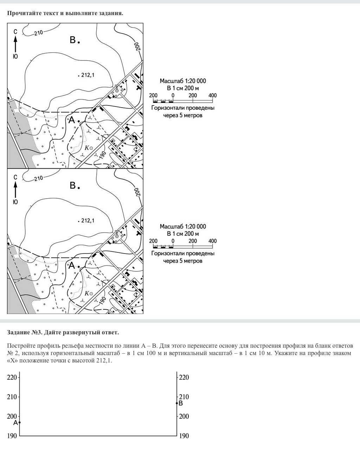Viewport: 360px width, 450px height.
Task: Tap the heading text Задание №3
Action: (25, 332)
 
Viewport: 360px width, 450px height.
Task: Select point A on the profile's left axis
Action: (19, 422)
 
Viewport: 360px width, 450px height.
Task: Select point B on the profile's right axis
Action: (177, 403)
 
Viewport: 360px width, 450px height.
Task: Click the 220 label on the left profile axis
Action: (12, 378)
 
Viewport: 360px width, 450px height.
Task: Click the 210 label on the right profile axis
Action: (184, 397)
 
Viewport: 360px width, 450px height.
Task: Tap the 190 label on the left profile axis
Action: (12, 436)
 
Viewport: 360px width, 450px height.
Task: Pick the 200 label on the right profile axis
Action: (184, 416)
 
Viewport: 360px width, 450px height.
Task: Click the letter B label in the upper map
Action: (72, 40)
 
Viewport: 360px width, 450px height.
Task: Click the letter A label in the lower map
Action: (71, 265)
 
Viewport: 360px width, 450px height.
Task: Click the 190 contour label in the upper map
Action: (102, 155)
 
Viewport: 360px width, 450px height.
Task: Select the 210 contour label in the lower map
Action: (39, 178)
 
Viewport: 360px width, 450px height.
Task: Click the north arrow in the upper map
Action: (15, 44)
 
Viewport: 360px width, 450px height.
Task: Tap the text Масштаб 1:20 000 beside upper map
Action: (183, 81)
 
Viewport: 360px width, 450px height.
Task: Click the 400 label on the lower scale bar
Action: (213, 241)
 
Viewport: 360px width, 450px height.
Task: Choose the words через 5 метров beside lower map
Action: (183, 261)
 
